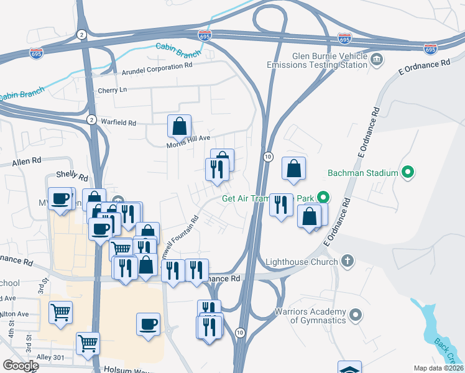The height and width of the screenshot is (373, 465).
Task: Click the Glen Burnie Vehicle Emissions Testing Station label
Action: [316, 60]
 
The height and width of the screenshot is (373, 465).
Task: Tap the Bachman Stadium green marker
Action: [408, 172]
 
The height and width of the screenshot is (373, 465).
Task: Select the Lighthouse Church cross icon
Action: [348, 261]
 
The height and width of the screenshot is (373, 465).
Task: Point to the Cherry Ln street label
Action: [112, 91]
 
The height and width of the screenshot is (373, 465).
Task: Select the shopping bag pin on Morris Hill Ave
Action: [179, 126]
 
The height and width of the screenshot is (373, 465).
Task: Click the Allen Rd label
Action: [26, 162]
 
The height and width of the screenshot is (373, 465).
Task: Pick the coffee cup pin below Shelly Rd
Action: [60, 199]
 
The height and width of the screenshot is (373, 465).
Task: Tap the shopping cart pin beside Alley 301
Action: [88, 343]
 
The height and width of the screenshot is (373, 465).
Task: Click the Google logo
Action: [20, 365]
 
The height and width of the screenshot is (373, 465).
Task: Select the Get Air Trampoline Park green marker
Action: [323, 198]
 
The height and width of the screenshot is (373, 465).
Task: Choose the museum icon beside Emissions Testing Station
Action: [377, 60]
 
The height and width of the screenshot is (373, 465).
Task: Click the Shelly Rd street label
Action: [72, 177]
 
